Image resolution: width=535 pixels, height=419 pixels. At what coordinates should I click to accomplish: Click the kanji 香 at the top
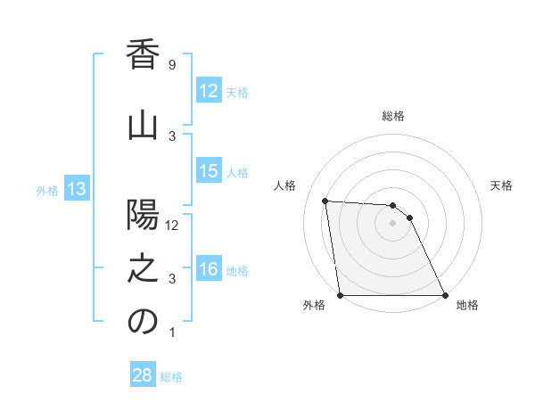pyautogui.click(x=143, y=55)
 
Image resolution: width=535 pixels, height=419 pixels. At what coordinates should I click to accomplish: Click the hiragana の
pyautogui.click(x=143, y=323)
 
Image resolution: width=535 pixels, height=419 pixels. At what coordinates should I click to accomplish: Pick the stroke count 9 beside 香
pyautogui.click(x=172, y=65)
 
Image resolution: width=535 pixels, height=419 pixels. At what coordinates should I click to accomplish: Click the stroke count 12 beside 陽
pyautogui.click(x=172, y=226)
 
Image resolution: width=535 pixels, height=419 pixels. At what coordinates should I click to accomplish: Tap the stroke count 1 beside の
pyautogui.click(x=172, y=333)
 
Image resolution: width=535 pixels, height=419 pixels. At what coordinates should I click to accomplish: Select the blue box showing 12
pyautogui.click(x=209, y=91)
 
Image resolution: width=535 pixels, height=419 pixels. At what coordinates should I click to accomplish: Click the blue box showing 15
pyautogui.click(x=209, y=171)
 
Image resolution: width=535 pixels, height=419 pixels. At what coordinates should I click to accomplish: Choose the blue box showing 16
pyautogui.click(x=209, y=269)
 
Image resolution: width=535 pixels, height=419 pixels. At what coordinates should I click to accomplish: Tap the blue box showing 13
pyautogui.click(x=76, y=189)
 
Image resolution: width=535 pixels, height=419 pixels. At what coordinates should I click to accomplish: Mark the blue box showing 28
pyautogui.click(x=143, y=375)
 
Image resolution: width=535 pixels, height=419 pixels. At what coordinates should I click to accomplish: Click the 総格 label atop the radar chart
pyautogui.click(x=393, y=116)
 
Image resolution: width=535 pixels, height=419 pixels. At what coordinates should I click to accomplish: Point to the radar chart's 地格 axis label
pyautogui.click(x=467, y=305)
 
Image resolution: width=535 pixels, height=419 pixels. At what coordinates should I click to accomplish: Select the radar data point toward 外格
pyautogui.click(x=340, y=295)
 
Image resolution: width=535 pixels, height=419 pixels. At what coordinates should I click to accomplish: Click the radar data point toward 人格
pyautogui.click(x=325, y=201)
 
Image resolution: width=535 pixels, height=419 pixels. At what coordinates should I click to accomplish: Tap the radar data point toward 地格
pyautogui.click(x=444, y=295)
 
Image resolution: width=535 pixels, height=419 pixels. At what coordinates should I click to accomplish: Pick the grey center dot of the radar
pyautogui.click(x=392, y=223)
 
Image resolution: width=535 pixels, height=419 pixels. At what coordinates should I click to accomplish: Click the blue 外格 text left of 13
pyautogui.click(x=47, y=190)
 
